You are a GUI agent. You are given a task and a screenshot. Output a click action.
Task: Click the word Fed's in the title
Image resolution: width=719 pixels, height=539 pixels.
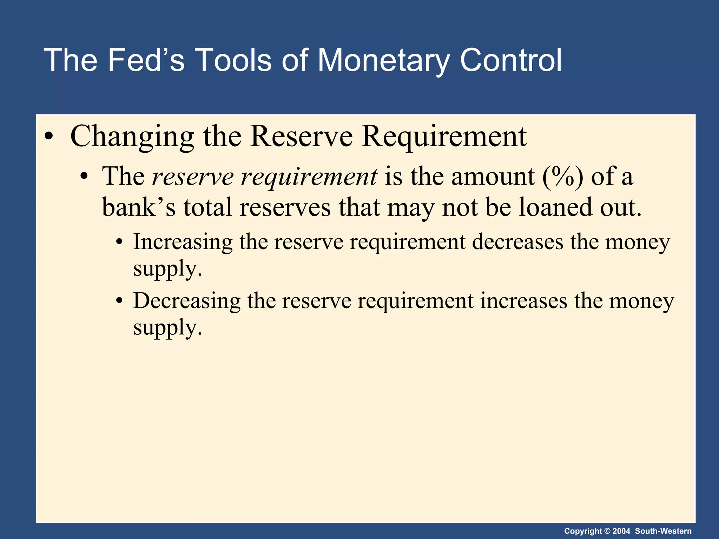tap(146, 60)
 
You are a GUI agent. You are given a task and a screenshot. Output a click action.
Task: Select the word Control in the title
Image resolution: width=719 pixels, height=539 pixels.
tap(511, 60)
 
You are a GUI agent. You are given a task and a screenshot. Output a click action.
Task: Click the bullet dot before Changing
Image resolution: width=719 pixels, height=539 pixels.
tap(49, 137)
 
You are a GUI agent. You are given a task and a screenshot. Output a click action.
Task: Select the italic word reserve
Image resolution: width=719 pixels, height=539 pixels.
tap(193, 176)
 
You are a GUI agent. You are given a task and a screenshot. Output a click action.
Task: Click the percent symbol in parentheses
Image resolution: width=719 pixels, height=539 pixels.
tap(562, 176)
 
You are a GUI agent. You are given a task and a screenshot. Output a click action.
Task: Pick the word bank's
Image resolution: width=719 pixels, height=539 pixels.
tap(139, 207)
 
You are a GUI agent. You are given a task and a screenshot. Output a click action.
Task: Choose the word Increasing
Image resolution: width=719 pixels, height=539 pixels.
tap(183, 242)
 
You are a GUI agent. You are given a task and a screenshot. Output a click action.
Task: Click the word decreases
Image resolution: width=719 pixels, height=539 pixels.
tap(517, 242)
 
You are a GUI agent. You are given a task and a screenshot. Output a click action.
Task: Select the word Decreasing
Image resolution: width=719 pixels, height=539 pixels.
tap(187, 301)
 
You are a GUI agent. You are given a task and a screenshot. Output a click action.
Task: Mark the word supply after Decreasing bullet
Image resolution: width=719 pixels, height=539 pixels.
tap(167, 328)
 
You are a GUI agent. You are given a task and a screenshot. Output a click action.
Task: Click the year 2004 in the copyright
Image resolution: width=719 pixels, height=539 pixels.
tap(622, 531)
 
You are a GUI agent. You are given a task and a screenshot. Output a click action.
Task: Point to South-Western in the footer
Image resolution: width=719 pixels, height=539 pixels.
tap(663, 531)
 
